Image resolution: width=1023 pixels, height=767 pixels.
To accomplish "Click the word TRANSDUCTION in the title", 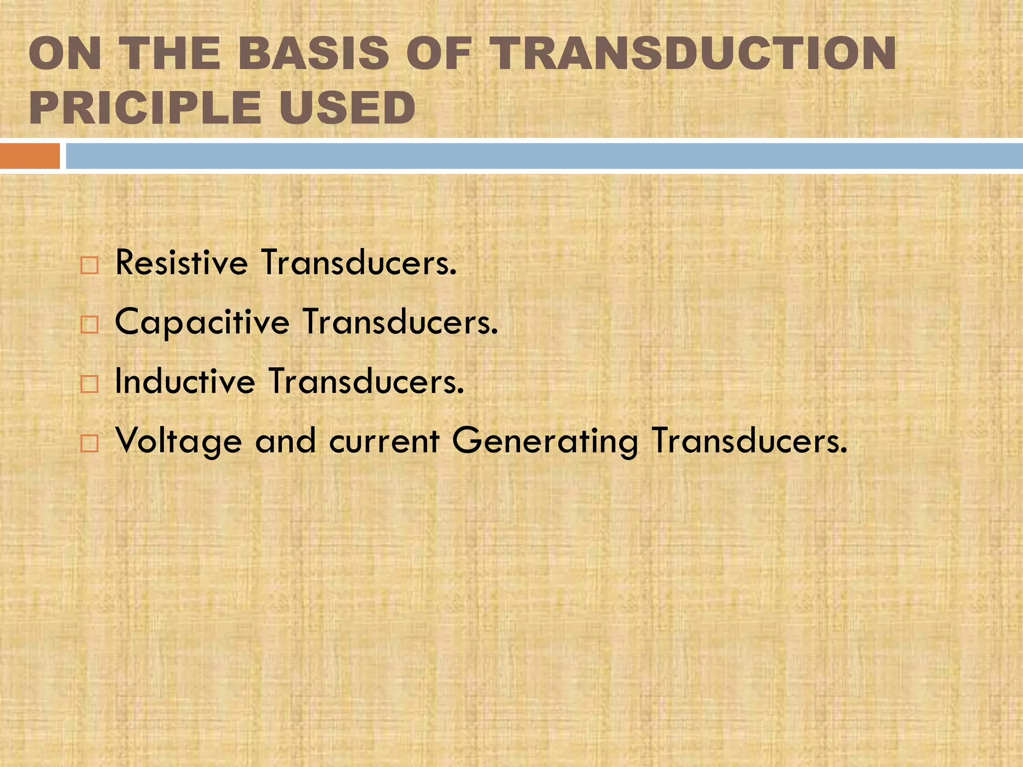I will coord(692,53).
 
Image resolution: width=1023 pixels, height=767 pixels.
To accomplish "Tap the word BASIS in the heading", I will coord(313,53).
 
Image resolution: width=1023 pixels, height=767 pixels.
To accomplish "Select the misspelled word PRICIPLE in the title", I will coord(145,108).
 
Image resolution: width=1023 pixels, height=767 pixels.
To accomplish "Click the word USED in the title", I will coord(347,108).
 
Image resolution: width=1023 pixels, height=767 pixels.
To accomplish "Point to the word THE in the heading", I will coord(170,53).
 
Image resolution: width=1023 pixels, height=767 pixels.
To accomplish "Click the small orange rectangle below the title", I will coord(29,156).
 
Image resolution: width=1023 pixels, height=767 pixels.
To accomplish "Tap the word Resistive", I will coord(181,263).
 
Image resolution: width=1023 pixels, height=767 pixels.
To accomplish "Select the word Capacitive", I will coord(202,322).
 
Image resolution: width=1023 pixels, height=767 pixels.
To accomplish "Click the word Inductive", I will coord(185,382).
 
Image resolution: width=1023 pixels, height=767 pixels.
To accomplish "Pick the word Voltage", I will coord(178,441).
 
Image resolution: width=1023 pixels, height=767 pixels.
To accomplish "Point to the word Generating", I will coord(545,441).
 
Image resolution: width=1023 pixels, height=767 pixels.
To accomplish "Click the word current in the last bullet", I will coord(384,441).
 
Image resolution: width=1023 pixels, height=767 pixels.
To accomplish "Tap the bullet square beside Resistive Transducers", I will coord(89,265).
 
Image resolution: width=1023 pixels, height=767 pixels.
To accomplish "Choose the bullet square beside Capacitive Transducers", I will coord(89,325).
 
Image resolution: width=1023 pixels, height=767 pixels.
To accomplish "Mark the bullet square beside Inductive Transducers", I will coord(89,384).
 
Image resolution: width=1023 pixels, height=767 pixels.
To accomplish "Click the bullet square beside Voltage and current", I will coord(89,443).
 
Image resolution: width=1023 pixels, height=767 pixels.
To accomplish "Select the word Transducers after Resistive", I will coord(359,263).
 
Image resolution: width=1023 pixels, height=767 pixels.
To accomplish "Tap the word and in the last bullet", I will coord(286,441).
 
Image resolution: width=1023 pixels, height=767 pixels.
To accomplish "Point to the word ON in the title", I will coord(65,53).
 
